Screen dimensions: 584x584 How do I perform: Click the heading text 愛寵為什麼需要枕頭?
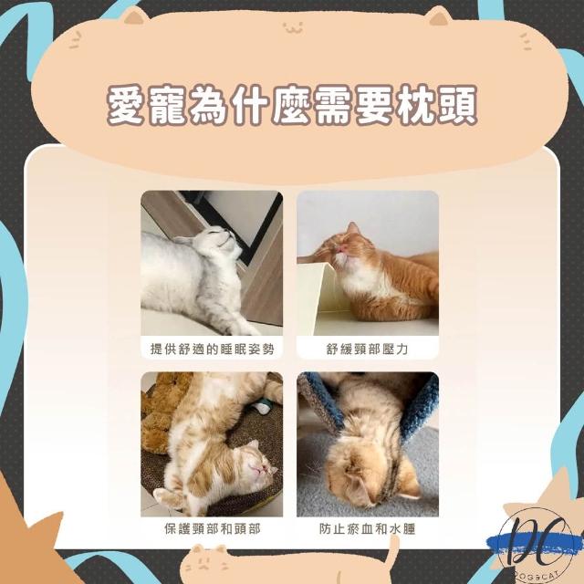[x=292, y=106]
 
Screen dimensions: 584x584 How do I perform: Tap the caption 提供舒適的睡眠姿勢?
[x=212, y=349]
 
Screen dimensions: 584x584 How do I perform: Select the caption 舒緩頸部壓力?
[x=367, y=349]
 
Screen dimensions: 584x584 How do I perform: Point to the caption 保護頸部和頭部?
[x=212, y=529]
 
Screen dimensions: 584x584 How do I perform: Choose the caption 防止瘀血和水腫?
[x=367, y=529]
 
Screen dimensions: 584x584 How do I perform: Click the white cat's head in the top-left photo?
[x=217, y=241]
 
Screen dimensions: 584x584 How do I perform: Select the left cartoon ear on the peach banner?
[x=134, y=16]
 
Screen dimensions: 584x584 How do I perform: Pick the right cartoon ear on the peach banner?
[x=438, y=16]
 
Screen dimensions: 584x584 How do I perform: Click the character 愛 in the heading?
[x=126, y=106]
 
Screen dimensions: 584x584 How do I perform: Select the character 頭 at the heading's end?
[x=457, y=106]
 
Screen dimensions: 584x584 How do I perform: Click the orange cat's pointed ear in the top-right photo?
[x=352, y=227]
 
